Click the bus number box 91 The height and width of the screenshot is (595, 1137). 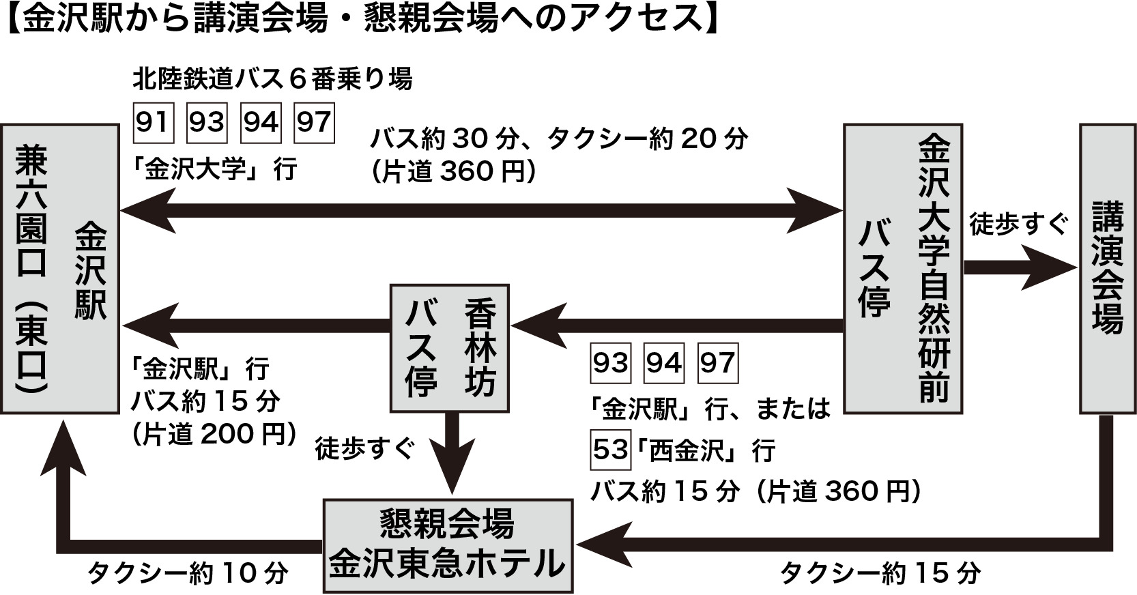[x=153, y=123]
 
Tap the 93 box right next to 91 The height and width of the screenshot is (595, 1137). [x=207, y=123]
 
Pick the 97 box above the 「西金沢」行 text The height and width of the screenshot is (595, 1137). [x=717, y=364]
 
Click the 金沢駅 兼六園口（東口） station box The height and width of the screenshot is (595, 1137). [x=60, y=269]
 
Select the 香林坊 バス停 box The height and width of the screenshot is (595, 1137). [x=449, y=348]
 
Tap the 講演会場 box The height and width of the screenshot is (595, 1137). [x=1107, y=269]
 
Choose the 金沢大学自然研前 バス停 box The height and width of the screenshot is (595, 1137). [x=902, y=269]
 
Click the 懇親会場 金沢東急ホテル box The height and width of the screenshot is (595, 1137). [x=447, y=546]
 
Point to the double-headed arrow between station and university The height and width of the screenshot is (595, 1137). [x=481, y=212]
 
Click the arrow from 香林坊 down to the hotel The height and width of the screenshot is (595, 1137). [x=450, y=454]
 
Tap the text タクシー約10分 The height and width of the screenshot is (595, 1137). [x=187, y=574]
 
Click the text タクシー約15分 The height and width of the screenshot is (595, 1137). [x=880, y=574]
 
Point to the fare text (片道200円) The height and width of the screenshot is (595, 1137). [x=214, y=434]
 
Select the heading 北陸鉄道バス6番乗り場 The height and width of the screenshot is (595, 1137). [x=272, y=80]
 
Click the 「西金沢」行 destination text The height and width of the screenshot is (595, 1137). [x=706, y=451]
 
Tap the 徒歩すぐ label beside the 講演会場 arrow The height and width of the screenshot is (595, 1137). [x=1018, y=224]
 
